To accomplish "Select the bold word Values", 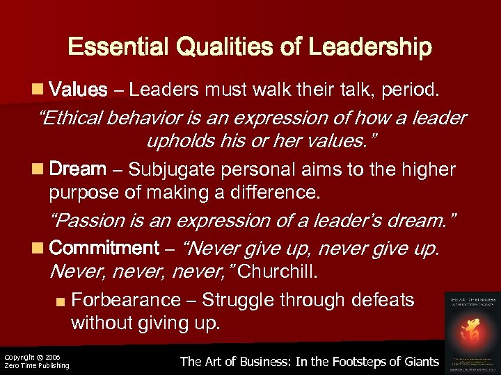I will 79,90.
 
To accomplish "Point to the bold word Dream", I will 78,169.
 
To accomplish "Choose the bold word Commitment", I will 105,248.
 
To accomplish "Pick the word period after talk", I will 414,90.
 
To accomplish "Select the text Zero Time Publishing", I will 37,366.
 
